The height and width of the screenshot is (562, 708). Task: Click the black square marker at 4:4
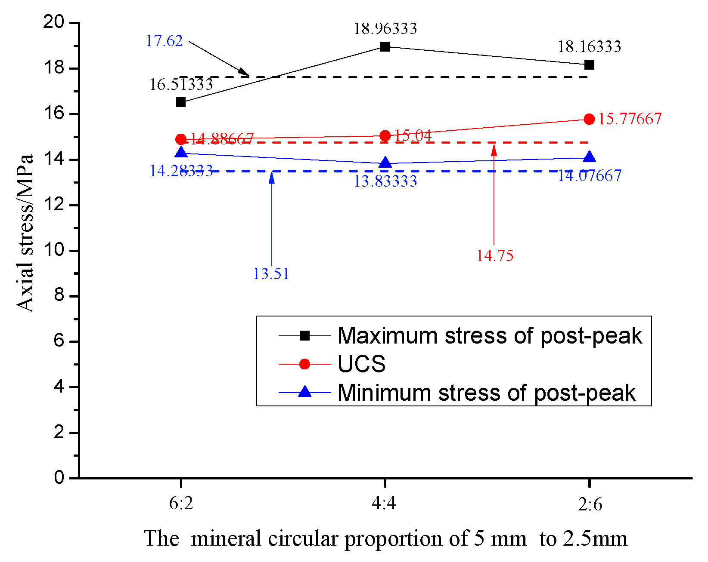coord(385,46)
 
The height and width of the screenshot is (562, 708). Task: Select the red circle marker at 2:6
coord(589,119)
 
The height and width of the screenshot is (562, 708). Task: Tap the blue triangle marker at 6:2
coord(181,152)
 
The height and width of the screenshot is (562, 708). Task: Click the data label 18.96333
coord(385,29)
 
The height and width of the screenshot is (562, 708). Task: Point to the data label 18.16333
coord(589,46)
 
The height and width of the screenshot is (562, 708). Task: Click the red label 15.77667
coord(630,119)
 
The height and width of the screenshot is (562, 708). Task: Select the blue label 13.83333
coord(385,181)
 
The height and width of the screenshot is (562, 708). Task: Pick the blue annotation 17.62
coord(164,41)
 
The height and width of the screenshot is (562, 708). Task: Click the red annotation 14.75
coord(494,256)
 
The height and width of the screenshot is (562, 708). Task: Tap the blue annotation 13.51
coord(270,274)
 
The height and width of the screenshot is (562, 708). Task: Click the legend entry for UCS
coord(361,364)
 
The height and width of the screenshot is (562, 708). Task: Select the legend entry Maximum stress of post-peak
coord(489,336)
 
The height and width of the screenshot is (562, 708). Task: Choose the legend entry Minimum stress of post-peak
coord(486,393)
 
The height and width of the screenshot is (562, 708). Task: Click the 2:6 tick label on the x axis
coord(590,503)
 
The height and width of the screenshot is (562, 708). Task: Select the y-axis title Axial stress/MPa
coord(25,232)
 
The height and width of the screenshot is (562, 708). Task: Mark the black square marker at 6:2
coord(181,102)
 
